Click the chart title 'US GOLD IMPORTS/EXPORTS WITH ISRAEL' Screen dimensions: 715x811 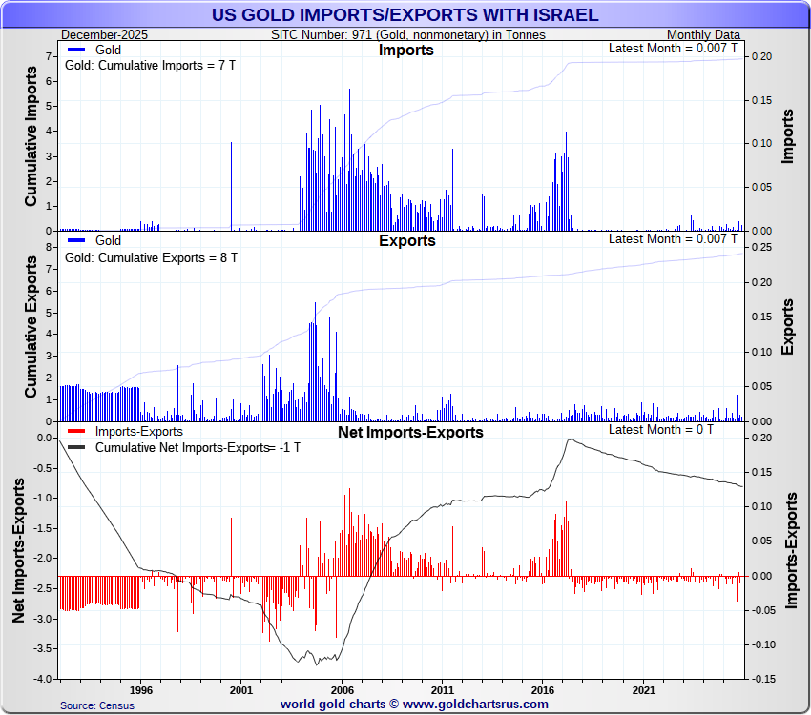coord(405,14)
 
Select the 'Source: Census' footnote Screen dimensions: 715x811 coord(97,705)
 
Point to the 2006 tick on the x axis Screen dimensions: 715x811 coord(342,689)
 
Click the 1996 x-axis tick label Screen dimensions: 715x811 coord(140,689)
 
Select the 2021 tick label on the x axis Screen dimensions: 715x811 coord(643,689)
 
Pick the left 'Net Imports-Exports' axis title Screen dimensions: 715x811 coord(19,551)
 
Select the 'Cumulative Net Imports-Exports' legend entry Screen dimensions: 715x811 coord(182,447)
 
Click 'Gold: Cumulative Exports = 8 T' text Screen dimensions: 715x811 coord(150,257)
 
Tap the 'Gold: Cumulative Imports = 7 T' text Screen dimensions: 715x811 coord(150,66)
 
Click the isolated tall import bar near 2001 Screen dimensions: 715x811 coord(231,186)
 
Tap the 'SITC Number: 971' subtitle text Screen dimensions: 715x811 coord(408,35)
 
